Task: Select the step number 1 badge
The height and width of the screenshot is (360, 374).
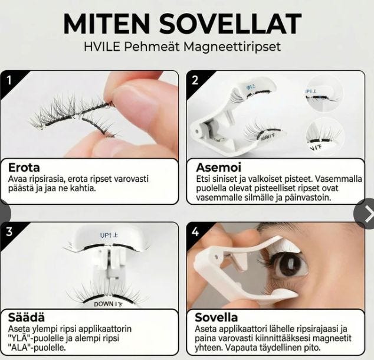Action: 9,80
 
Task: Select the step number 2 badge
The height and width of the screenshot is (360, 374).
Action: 195,80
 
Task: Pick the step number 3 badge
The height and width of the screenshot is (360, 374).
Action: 9,231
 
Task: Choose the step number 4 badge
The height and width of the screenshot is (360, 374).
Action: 195,231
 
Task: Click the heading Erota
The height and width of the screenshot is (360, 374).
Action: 24,167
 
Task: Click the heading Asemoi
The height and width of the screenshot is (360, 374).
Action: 217,167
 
